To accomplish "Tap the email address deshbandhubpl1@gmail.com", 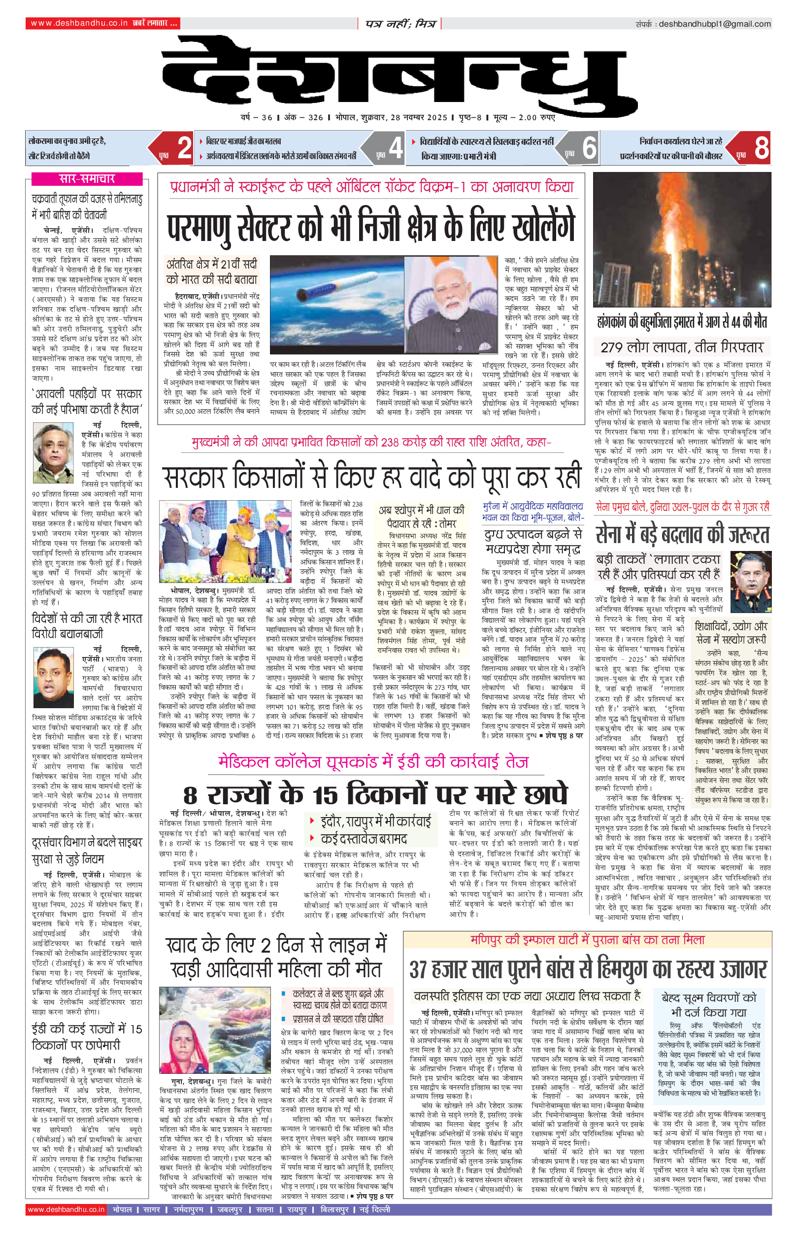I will [715, 24].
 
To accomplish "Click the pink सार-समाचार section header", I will [87, 179].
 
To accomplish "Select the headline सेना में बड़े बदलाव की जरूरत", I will [682, 534].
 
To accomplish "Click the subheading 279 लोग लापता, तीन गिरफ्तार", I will [682, 347].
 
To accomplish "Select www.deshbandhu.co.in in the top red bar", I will [79, 23].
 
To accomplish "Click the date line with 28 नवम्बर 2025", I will [398, 118].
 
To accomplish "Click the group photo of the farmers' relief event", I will [227, 543].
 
